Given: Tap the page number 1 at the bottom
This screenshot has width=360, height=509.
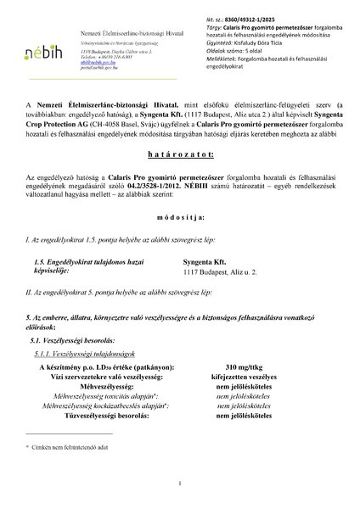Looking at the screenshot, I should (180, 484).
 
